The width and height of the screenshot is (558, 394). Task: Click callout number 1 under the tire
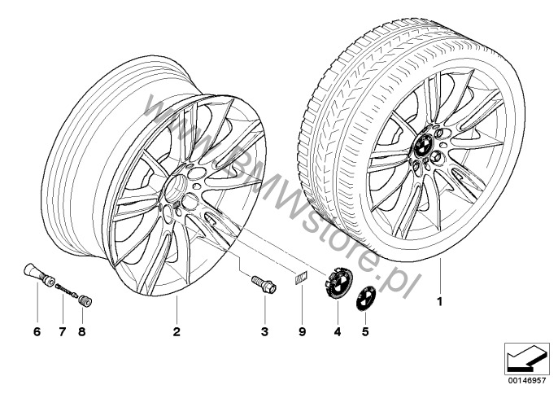(x=440, y=302)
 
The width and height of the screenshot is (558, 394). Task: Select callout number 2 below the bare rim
(x=177, y=332)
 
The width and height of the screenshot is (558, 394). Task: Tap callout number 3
(x=264, y=332)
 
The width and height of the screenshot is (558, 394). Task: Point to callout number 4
(x=338, y=332)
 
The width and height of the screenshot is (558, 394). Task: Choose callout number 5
(x=365, y=332)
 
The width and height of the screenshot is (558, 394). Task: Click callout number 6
(x=37, y=332)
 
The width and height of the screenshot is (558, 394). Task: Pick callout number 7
(x=63, y=332)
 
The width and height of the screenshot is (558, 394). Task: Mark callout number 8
(x=82, y=332)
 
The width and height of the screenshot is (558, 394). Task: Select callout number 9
(x=302, y=332)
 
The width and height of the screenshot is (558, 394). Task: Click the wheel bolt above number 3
(x=264, y=285)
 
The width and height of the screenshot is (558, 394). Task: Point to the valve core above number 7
(x=66, y=290)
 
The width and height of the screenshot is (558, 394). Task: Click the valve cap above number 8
(x=85, y=301)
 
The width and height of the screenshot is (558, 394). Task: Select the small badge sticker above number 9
(x=302, y=277)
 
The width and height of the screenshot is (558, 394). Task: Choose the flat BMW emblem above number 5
(x=366, y=298)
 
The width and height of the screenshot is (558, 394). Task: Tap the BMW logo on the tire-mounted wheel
(x=424, y=145)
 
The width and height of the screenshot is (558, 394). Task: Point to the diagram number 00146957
(x=527, y=380)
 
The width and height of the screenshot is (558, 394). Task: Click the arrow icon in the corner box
(x=527, y=359)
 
